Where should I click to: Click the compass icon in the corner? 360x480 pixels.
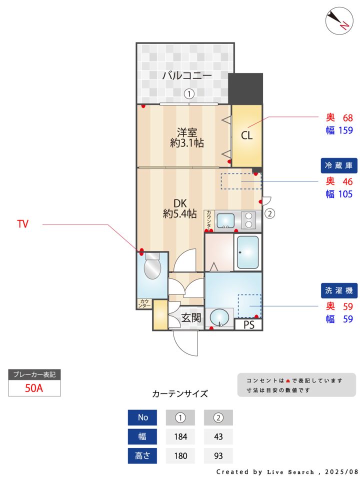pyautogui.click(x=337, y=20)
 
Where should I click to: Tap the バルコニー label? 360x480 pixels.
pyautogui.click(x=186, y=76)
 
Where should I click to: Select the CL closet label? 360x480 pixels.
pyautogui.click(x=247, y=135)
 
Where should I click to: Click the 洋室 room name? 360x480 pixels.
pyautogui.click(x=186, y=132)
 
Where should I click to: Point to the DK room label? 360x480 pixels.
pyautogui.click(x=180, y=203)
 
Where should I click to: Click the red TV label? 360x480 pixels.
pyautogui.click(x=22, y=224)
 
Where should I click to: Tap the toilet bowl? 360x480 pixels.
pyautogui.click(x=152, y=268)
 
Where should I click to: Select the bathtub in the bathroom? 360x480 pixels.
pyautogui.click(x=247, y=252)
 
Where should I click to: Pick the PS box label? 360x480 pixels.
pyautogui.click(x=248, y=325)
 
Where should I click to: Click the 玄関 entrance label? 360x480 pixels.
pyautogui.click(x=191, y=317)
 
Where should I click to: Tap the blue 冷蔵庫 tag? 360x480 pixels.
pyautogui.click(x=339, y=166)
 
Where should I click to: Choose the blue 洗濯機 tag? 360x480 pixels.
pyautogui.click(x=339, y=290)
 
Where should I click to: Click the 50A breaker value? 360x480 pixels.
pyautogui.click(x=34, y=388)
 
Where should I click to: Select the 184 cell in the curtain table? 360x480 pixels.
pyautogui.click(x=180, y=436)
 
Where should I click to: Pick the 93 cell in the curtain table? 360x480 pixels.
pyautogui.click(x=218, y=456)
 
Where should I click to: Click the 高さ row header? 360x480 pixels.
pyautogui.click(x=142, y=456)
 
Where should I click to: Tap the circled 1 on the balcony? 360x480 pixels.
pyautogui.click(x=188, y=93)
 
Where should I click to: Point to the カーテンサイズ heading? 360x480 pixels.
pyautogui.click(x=180, y=393)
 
